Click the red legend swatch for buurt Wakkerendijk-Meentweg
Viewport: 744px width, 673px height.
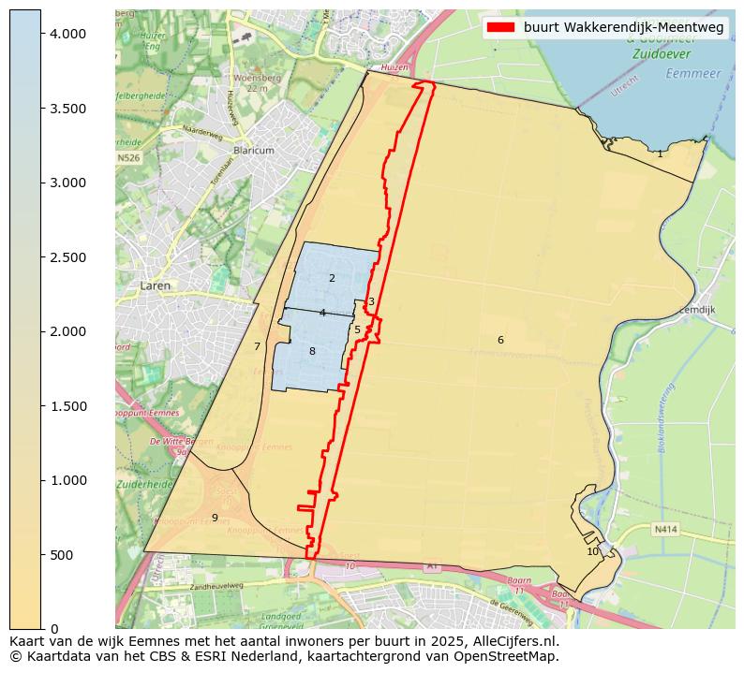tap(501, 28)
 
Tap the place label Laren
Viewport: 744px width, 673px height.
tap(156, 285)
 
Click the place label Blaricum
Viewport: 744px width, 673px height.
tap(254, 150)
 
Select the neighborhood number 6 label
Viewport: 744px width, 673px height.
tap(500, 340)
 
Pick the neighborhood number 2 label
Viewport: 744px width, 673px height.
tap(332, 278)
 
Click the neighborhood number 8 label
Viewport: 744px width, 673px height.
tap(312, 351)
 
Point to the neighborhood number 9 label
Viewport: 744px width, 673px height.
tap(215, 518)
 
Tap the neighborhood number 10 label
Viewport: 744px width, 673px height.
tap(592, 551)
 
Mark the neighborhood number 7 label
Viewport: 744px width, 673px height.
tap(257, 346)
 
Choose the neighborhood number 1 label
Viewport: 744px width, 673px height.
tap(660, 154)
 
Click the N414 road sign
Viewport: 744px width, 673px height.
tap(664, 529)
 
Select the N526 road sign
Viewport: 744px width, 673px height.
tap(128, 158)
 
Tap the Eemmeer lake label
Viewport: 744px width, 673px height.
tap(690, 73)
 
